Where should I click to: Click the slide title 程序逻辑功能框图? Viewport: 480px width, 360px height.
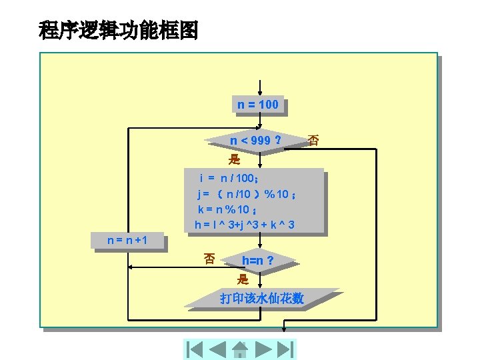point(119,30)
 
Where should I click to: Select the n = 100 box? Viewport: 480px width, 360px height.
point(259,105)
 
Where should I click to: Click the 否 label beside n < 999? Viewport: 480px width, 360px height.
point(313,141)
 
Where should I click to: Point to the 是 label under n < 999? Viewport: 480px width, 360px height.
point(234,159)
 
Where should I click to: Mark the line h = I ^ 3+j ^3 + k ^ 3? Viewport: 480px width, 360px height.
point(245,225)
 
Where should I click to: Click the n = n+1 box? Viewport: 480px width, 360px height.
point(127,239)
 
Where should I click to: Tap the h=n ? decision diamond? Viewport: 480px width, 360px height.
point(257,260)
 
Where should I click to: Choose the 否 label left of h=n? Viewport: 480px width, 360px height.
point(209,259)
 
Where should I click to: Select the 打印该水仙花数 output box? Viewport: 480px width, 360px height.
point(261,299)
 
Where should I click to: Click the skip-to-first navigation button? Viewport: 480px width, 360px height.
point(195,349)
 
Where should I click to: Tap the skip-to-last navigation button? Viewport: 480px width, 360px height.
point(285,349)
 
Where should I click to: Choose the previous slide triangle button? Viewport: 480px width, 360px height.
point(217,349)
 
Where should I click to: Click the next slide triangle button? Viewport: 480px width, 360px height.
point(263,349)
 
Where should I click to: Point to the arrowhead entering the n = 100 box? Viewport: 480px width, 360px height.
point(260,94)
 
